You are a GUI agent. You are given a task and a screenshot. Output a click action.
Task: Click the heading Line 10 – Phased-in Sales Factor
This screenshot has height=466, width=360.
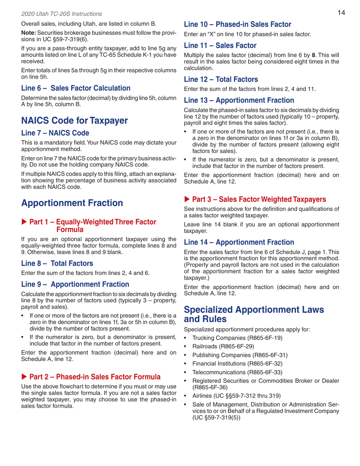point(237,24)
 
